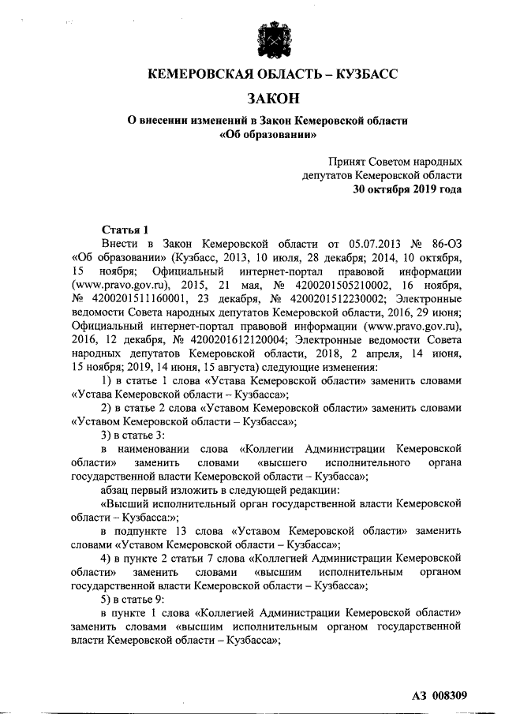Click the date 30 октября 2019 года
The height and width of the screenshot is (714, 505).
point(407,189)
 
